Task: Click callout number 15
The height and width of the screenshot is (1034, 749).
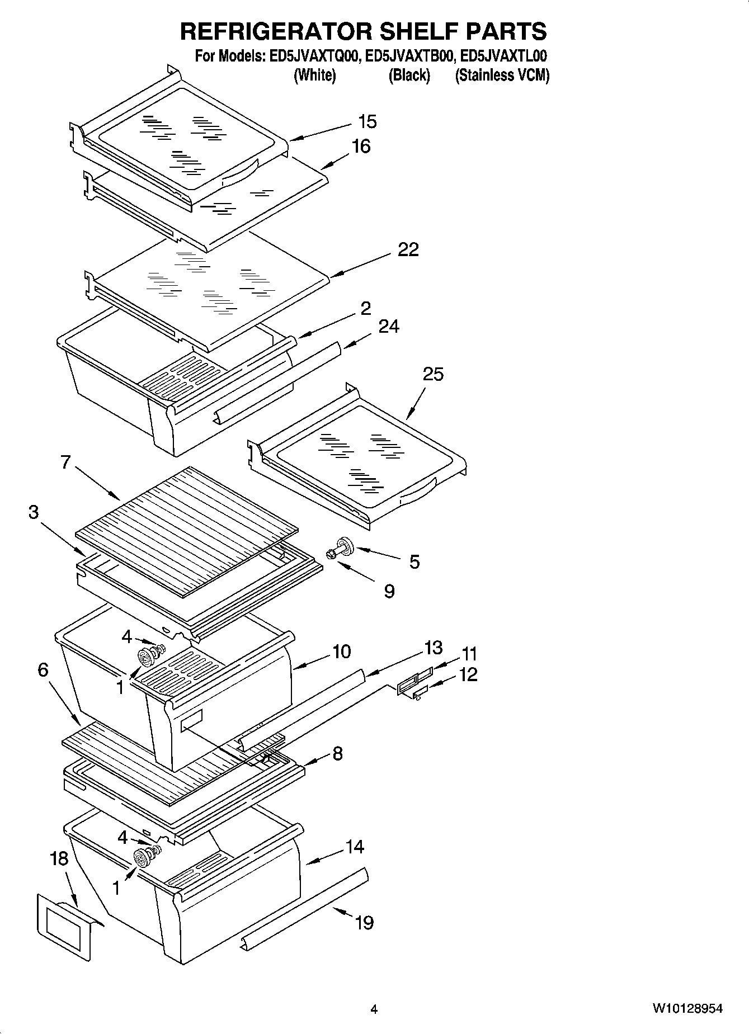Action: coord(368,121)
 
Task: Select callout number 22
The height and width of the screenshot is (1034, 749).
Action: coord(408,249)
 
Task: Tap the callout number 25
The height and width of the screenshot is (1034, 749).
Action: coord(433,374)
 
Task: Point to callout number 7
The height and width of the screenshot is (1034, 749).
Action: coord(65,462)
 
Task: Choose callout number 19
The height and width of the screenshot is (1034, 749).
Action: coord(364,922)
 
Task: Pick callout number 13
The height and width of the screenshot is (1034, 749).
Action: coord(433,648)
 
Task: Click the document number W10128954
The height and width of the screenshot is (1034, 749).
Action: coord(686,1009)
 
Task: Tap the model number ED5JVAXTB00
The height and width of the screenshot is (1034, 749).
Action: coord(409,56)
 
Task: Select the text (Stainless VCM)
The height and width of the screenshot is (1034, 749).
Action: coord(502,75)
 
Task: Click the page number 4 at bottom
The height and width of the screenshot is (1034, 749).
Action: coord(374,1009)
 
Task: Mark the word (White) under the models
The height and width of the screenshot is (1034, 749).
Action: coord(314,75)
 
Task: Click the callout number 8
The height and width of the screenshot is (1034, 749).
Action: coord(337,753)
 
